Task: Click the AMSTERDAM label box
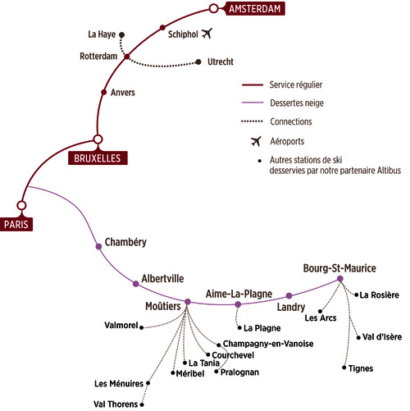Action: [255, 9]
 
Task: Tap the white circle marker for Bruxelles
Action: [98, 139]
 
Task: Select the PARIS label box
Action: [16, 224]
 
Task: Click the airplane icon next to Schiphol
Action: [207, 34]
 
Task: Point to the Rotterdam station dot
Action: [127, 57]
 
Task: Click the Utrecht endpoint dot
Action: [198, 62]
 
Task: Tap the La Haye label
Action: [102, 34]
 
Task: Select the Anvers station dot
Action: [103, 92]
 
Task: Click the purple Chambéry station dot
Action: [99, 247]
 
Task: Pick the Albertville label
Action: [162, 279]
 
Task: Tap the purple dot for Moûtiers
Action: [188, 302]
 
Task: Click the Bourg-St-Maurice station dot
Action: [340, 279]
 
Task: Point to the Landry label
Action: [291, 308]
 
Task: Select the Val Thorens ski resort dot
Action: [142, 404]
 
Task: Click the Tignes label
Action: [361, 368]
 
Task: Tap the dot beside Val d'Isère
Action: [358, 338]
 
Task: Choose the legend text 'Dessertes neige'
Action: [297, 103]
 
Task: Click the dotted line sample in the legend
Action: [252, 121]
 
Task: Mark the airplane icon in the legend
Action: [256, 141]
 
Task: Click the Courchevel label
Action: [233, 355]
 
